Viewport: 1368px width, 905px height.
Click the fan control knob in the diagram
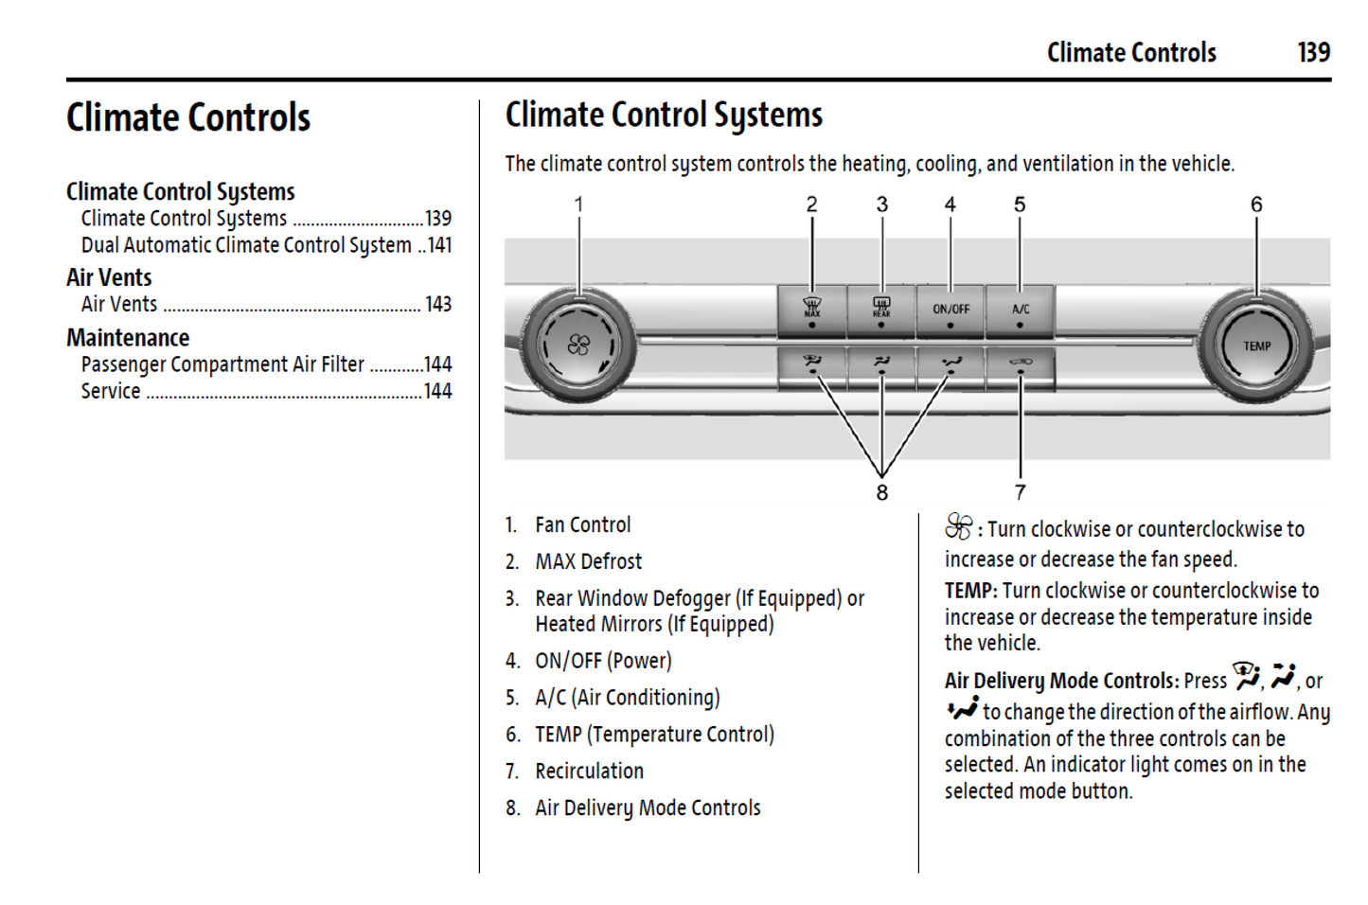(x=577, y=346)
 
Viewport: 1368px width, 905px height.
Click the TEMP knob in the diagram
(x=1256, y=346)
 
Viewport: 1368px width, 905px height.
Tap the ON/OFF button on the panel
(x=950, y=311)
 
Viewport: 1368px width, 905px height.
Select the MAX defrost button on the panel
(x=811, y=311)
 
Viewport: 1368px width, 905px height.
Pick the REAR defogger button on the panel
(x=881, y=311)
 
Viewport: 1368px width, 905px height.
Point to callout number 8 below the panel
(x=881, y=492)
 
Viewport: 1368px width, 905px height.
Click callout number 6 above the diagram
(x=1256, y=204)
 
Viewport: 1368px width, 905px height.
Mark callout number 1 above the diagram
(x=578, y=204)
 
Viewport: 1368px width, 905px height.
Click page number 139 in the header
(x=1313, y=52)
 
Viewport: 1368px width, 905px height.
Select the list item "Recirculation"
(x=589, y=772)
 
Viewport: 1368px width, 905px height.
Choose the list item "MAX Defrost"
(x=588, y=562)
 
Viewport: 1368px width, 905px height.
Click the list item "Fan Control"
(x=582, y=525)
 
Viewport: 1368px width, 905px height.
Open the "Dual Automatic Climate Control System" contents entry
(x=246, y=245)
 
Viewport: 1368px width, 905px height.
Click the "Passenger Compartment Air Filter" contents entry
(x=222, y=364)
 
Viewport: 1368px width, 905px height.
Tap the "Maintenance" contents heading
(x=128, y=338)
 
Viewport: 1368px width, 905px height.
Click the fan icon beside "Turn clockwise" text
(x=958, y=526)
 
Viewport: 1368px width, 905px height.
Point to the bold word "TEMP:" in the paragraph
(x=970, y=591)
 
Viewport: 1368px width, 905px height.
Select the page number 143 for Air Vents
(x=437, y=304)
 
